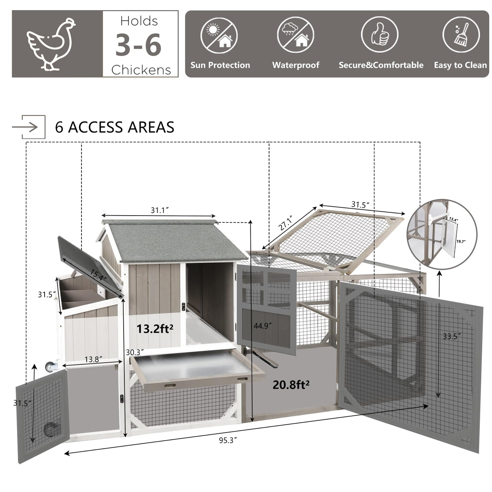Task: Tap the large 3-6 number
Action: [139, 45]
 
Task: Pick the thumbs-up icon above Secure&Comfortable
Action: [380, 34]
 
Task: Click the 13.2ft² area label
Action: [155, 329]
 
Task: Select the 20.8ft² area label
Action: [291, 384]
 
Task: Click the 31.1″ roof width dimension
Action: [160, 210]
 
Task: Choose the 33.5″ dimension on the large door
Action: [451, 336]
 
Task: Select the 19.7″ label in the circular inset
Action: [461, 242]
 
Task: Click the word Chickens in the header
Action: [141, 70]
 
